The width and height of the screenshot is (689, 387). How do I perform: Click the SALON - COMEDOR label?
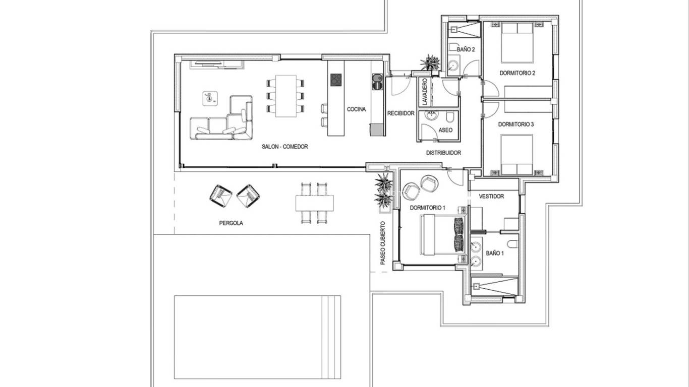click(284, 147)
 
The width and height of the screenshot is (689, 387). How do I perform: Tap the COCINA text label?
click(356, 109)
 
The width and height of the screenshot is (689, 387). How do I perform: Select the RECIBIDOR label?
click(401, 113)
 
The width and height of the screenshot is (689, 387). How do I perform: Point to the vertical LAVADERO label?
click(425, 92)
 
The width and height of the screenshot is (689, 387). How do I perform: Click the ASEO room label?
click(445, 130)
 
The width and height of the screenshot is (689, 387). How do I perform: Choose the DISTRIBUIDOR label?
click(443, 153)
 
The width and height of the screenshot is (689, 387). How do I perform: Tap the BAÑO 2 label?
click(466, 49)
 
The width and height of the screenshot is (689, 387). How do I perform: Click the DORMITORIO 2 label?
click(517, 73)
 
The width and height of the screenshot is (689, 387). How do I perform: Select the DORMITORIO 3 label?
click(515, 124)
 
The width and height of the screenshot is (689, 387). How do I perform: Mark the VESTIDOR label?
click(491, 197)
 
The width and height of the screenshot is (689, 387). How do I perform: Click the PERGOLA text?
click(231, 223)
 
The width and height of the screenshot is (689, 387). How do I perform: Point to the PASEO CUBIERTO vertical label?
click(383, 243)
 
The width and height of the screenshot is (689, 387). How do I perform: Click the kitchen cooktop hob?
click(336, 80)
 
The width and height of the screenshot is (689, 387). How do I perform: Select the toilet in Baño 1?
click(512, 244)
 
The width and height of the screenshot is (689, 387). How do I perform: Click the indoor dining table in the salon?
click(286, 95)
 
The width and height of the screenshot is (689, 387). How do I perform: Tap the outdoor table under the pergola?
click(315, 203)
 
